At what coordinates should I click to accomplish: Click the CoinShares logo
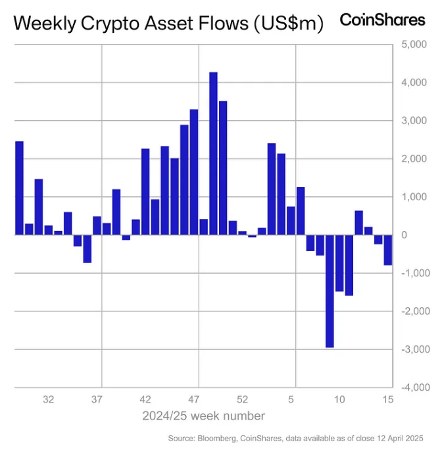(x=382, y=20)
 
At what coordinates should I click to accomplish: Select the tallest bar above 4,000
(x=213, y=153)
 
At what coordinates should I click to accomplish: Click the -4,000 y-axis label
(x=413, y=387)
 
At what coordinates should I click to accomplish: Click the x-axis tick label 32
(x=48, y=399)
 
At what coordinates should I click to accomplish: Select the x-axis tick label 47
(x=194, y=399)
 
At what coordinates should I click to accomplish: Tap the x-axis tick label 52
(x=243, y=399)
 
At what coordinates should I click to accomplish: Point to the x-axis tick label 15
(x=387, y=399)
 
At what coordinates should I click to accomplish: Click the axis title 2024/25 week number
(x=204, y=416)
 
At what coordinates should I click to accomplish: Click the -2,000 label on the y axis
(x=413, y=311)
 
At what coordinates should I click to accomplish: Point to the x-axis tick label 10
(x=339, y=399)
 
